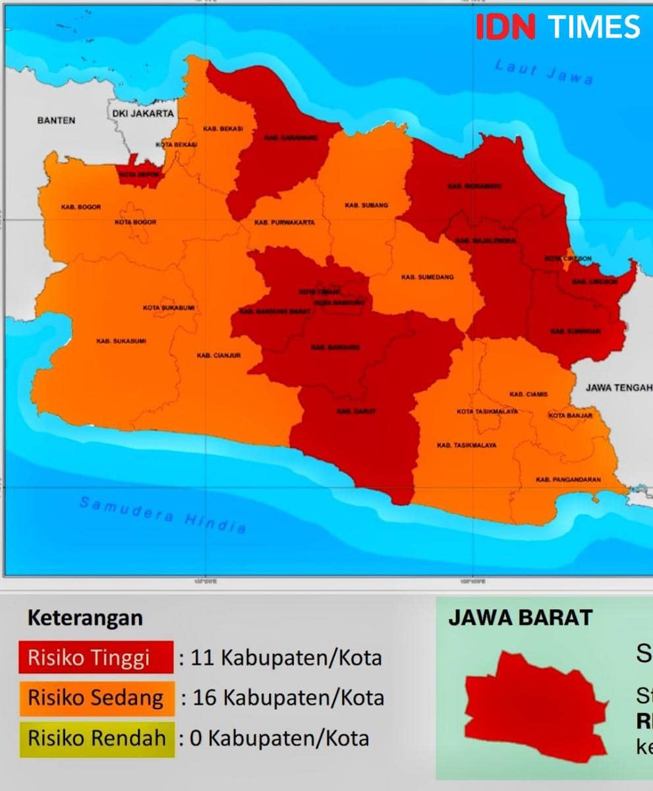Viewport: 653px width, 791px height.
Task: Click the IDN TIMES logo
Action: (x=557, y=27)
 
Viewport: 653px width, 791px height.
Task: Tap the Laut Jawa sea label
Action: (x=544, y=71)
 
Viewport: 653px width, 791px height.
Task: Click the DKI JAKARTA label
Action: (x=143, y=113)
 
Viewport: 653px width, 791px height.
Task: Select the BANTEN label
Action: (x=56, y=121)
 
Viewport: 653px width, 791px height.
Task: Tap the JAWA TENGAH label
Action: (x=618, y=388)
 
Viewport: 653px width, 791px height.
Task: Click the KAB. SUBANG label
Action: (x=366, y=206)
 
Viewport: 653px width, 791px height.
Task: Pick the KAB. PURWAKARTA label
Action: (x=285, y=223)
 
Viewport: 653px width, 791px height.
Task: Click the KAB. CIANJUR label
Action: (x=219, y=356)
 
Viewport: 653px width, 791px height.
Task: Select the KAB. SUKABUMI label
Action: (x=121, y=341)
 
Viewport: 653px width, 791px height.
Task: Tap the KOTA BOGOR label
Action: (x=136, y=222)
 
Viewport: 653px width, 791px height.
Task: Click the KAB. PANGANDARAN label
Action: (x=568, y=480)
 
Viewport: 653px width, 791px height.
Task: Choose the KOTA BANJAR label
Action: (x=570, y=416)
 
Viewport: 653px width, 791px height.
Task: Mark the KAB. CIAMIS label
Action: (x=528, y=394)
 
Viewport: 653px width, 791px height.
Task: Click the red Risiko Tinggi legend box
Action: (x=96, y=657)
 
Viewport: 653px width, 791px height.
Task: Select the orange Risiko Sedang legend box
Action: (x=96, y=698)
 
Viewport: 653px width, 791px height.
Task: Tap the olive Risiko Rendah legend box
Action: (x=96, y=738)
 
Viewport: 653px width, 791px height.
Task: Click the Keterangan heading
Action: (x=85, y=618)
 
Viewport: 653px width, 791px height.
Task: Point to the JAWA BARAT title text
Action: (x=521, y=618)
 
